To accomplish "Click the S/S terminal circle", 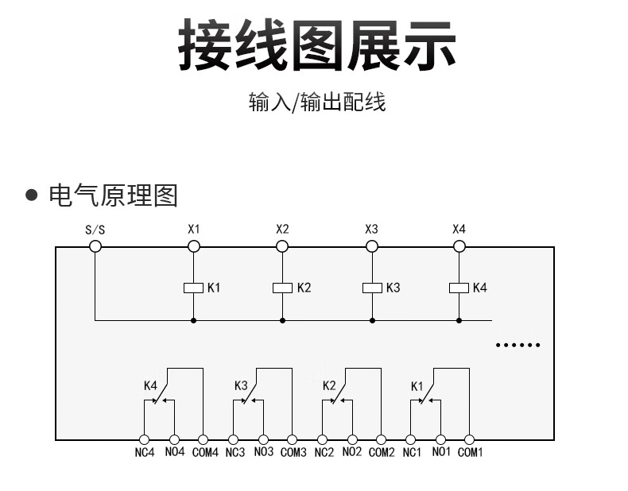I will pos(95,246).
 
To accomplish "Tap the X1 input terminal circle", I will pos(193,246).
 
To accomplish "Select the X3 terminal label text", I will pos(371,229).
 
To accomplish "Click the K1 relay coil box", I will pos(193,288).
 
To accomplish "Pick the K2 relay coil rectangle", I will pos(282,288).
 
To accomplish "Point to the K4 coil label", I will pos(479,288).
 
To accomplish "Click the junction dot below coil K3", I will pos(371,320).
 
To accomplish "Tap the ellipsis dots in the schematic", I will pos(518,345).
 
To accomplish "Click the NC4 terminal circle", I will pos(144,439).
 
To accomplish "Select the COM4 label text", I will pos(204,453).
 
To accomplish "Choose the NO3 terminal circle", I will pos(262,439).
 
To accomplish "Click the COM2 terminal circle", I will pos(381,439).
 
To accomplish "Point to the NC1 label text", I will pos(411,453).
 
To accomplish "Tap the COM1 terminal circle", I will pos(470,439).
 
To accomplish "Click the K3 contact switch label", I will pos(241,386).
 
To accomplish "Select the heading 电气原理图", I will pos(113,195).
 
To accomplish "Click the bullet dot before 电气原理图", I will pos(33,195).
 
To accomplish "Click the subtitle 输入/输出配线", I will pos(316,102).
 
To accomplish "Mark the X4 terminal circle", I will pos(459,246).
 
